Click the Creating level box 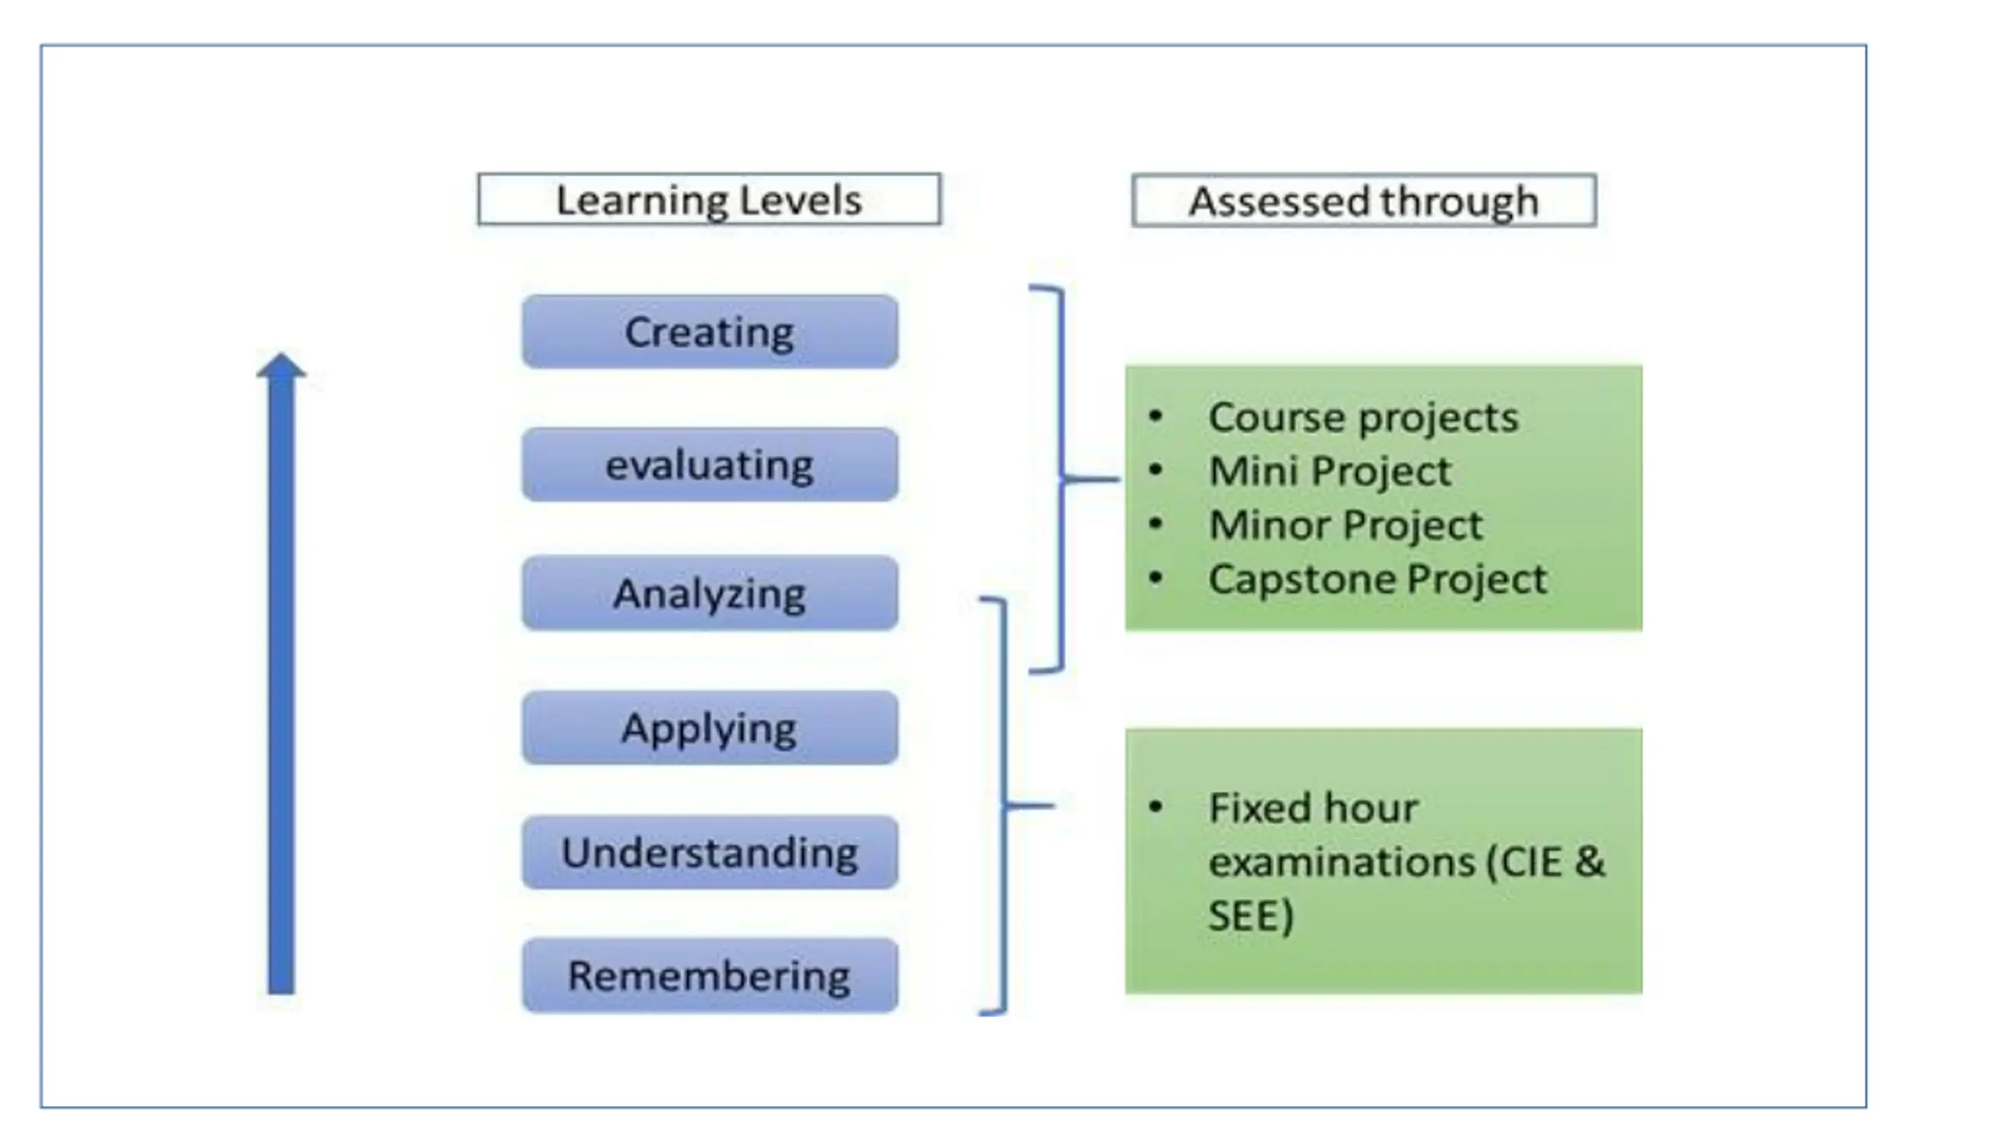tap(709, 332)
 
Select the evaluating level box tap(709, 464)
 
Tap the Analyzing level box tap(709, 593)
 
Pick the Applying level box tap(709, 727)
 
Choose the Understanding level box tap(709, 852)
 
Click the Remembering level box tap(709, 976)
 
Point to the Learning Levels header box tap(709, 200)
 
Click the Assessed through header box tap(1363, 201)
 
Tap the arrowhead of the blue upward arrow tap(281, 366)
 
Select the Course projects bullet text tap(1363, 417)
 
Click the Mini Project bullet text tap(1329, 471)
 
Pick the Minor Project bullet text tap(1345, 525)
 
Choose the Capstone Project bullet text tap(1377, 579)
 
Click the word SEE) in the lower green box tap(1250, 915)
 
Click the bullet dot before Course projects tap(1156, 416)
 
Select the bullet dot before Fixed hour tap(1156, 806)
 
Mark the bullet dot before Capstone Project tap(1156, 578)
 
